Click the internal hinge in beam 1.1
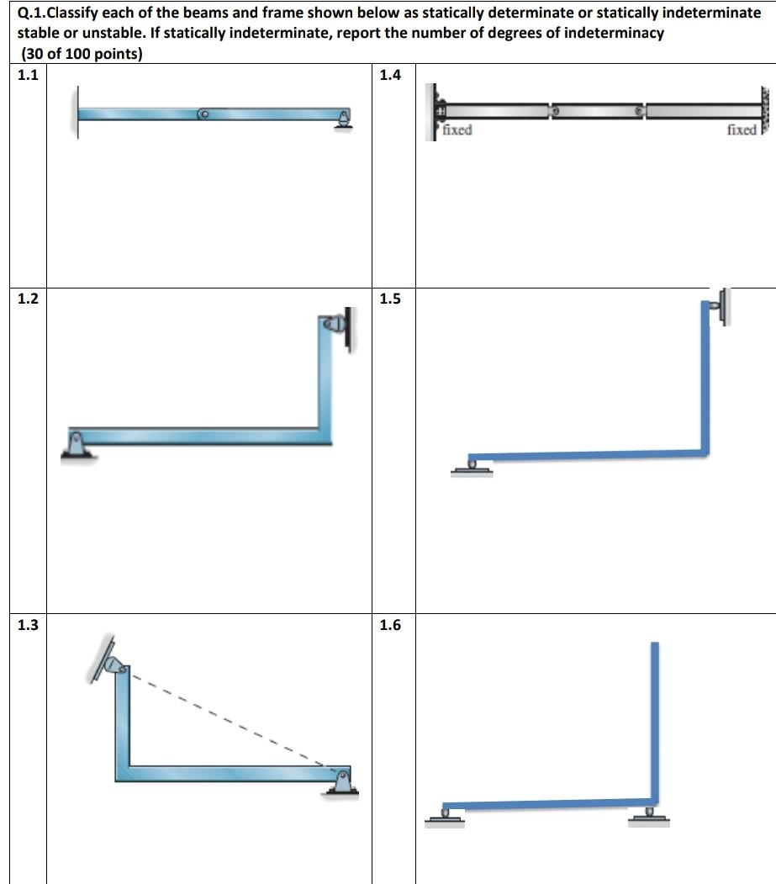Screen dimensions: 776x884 (203, 114)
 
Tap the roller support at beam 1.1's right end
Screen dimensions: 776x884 (343, 119)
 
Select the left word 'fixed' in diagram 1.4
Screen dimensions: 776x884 (457, 130)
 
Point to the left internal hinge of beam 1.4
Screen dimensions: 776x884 (552, 111)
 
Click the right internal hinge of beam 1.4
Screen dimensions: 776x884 (641, 111)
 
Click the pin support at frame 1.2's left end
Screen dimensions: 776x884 (76, 443)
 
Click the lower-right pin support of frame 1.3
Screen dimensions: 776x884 (342, 781)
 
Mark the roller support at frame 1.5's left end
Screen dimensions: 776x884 (472, 464)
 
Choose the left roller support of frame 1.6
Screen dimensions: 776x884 (445, 815)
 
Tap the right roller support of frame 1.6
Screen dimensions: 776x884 (649, 814)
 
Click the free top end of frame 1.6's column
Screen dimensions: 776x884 (655, 646)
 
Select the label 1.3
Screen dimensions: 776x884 (29, 625)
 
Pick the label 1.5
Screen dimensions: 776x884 (390, 299)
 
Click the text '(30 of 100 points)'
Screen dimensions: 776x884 (80, 55)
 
